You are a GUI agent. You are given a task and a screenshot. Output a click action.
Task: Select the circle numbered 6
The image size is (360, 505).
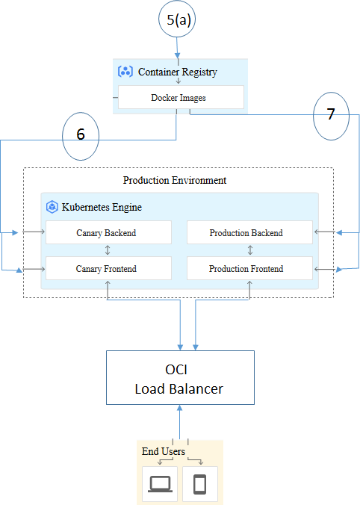(x=80, y=135)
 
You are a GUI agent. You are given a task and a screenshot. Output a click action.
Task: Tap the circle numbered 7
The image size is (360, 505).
(x=331, y=116)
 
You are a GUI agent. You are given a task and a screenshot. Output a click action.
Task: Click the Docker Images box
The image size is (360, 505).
(x=180, y=97)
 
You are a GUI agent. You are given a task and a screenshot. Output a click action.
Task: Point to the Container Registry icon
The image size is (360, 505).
(x=125, y=72)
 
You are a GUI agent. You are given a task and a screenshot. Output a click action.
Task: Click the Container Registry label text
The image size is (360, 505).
(x=178, y=72)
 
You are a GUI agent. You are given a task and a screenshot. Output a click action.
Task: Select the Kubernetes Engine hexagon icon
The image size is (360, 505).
(x=52, y=207)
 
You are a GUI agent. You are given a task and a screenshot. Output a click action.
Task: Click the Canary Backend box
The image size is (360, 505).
(x=108, y=232)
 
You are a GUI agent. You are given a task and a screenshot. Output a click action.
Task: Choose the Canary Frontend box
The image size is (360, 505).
(x=108, y=268)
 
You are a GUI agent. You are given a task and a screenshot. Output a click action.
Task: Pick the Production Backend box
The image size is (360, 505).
(x=248, y=232)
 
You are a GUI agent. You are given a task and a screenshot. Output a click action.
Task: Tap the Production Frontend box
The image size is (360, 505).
(x=248, y=268)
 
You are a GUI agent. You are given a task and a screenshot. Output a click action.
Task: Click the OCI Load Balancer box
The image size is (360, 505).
(x=179, y=379)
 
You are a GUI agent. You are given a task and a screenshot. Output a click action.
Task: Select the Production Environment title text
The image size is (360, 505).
(x=175, y=180)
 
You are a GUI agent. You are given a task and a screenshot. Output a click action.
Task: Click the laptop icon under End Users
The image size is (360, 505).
(x=160, y=484)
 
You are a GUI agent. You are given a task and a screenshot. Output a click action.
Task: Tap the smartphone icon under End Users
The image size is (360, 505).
(x=199, y=484)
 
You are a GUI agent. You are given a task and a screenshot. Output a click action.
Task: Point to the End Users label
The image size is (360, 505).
(x=163, y=451)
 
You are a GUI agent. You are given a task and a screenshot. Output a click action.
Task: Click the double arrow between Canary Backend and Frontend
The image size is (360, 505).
(x=108, y=250)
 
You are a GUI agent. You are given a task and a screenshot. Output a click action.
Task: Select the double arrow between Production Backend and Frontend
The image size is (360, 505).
(x=249, y=250)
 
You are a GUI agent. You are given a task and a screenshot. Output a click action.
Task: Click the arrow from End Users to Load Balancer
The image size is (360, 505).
(x=179, y=421)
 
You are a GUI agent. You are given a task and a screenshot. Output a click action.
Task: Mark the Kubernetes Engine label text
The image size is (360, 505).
(x=102, y=207)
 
